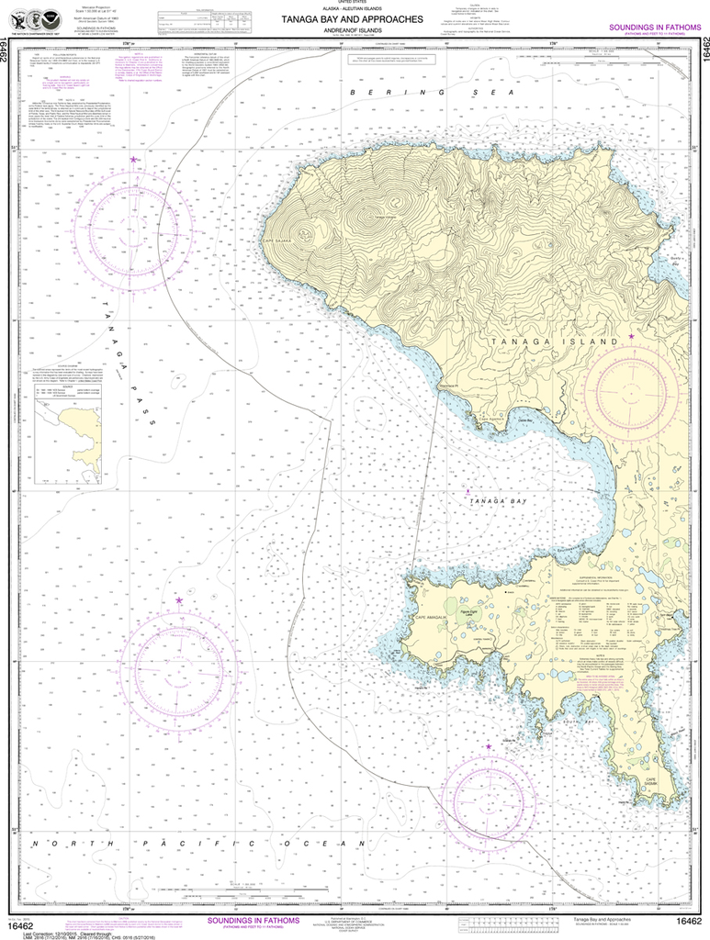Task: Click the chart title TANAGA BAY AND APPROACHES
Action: [354, 18]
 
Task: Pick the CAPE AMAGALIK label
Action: [437, 623]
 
